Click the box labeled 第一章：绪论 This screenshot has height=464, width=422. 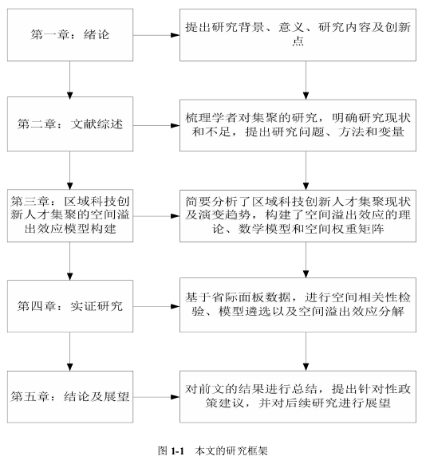click(x=70, y=35)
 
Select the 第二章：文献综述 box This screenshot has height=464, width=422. click(x=70, y=124)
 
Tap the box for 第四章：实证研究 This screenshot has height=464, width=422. click(x=70, y=306)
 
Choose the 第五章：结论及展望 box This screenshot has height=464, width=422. click(x=70, y=396)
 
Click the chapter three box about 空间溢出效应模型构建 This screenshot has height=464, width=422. click(x=70, y=215)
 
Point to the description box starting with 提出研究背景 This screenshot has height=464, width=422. click(x=298, y=35)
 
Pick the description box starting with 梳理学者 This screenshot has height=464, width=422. click(x=298, y=125)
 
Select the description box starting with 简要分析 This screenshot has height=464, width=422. click(x=298, y=216)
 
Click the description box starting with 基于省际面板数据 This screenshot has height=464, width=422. click(x=298, y=305)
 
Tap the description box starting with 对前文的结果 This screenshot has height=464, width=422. click(x=298, y=396)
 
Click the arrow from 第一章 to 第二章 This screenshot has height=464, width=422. click(x=70, y=79)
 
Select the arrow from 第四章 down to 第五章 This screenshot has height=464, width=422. click(x=70, y=352)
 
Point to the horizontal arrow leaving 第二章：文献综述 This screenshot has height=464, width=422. click(x=156, y=125)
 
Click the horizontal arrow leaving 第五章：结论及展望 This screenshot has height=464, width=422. click(x=156, y=397)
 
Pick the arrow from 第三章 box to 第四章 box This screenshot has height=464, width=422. click(x=70, y=261)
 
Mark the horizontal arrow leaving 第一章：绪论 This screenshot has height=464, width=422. click(x=156, y=35)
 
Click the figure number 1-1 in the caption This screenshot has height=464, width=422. click(x=178, y=451)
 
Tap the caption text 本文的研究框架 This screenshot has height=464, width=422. click(x=231, y=451)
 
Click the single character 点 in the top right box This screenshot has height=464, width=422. click(x=298, y=41)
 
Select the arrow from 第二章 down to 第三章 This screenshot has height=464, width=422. click(x=70, y=170)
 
